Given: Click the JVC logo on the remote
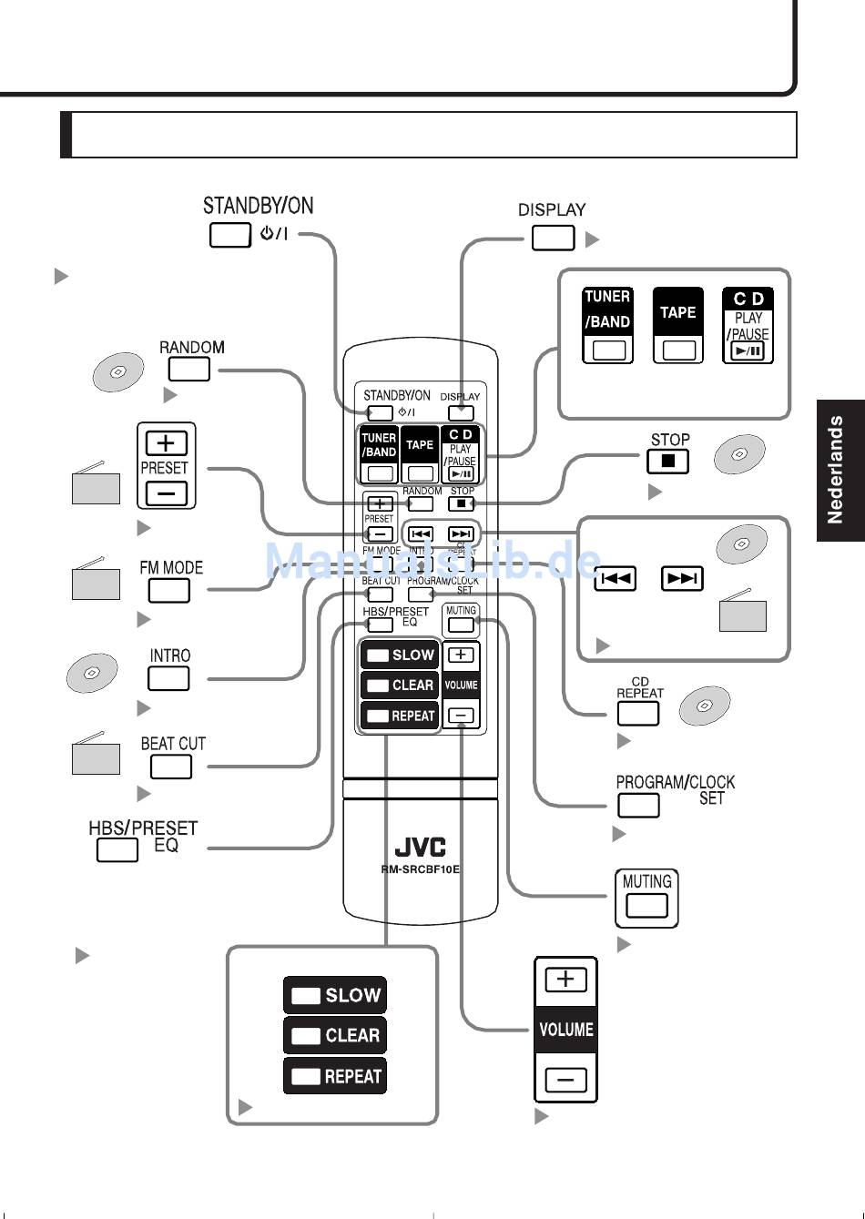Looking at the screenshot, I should [420, 848].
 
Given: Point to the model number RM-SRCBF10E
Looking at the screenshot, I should [420, 869].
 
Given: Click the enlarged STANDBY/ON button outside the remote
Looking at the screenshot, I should [229, 235].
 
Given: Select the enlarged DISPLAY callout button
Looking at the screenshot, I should [553, 238].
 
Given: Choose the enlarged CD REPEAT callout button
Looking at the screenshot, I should [638, 713].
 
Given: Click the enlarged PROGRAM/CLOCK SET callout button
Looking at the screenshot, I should [638, 806].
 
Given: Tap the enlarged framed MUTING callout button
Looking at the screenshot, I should [646, 906].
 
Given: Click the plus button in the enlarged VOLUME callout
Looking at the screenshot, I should [565, 980].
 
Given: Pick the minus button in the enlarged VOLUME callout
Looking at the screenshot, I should [565, 1081].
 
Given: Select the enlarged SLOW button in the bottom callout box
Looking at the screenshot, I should [335, 995].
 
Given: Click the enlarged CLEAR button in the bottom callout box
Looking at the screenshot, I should [335, 1035].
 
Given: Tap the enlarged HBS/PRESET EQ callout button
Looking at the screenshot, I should [117, 850].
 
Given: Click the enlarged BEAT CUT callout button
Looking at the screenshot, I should [170, 767].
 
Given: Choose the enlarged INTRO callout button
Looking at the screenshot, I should [168, 678].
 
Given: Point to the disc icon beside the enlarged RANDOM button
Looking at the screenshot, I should [118, 372].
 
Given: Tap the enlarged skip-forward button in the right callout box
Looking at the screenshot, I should [682, 578].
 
